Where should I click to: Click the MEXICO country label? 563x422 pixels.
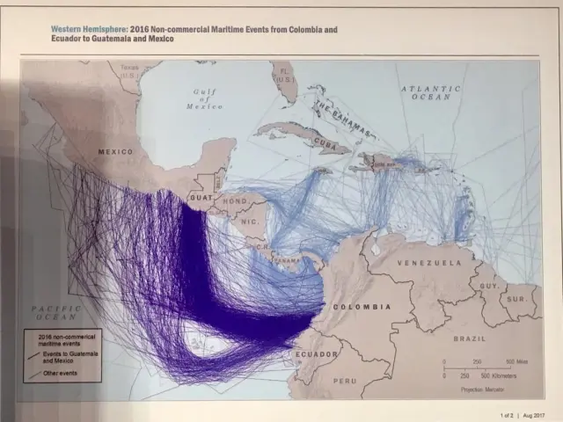coord(115,152)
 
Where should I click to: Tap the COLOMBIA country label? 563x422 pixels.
coord(362,307)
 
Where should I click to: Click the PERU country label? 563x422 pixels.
coord(344,381)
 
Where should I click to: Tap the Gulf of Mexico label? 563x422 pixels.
coord(205,98)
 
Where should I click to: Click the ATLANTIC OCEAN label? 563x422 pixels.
coord(430,92)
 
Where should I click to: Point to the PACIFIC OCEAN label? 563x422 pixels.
coord(55,313)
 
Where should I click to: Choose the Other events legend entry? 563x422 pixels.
coord(61,374)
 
